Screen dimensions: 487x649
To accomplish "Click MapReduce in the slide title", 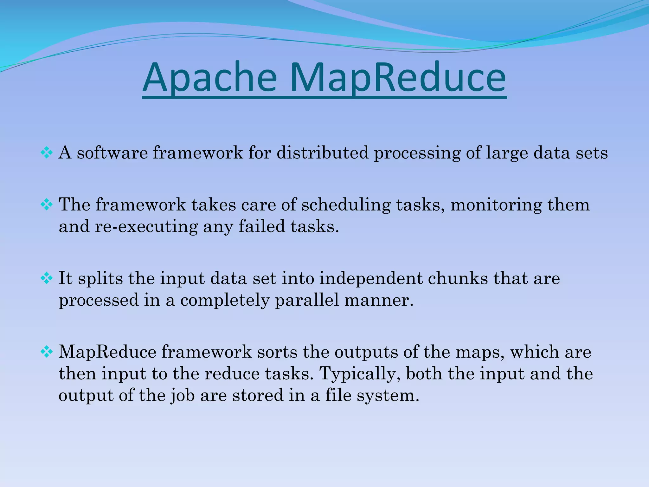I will tap(397, 78).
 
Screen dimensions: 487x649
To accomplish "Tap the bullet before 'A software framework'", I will tap(47, 153).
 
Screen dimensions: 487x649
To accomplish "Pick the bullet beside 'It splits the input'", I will tap(47, 279).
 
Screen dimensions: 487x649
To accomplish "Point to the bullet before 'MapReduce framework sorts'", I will tap(47, 352).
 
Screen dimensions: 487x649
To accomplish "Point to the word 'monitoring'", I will tap(496, 205).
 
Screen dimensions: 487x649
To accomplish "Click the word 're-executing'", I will tap(146, 227).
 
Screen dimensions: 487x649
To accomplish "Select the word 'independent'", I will tap(371, 279).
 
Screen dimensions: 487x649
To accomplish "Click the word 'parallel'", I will tap(307, 300).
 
